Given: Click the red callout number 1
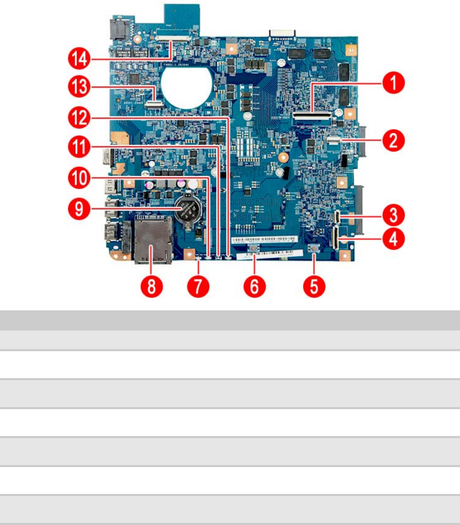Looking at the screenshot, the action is click(393, 82).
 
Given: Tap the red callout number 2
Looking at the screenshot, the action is click(393, 140).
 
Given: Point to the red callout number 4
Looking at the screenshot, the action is click(393, 239).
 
